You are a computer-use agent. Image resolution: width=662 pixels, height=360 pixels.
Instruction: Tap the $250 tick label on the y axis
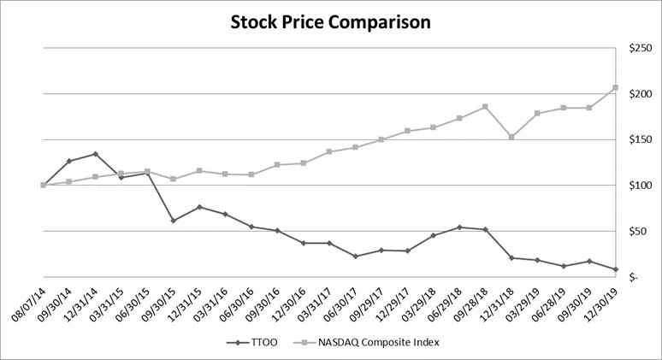(641, 48)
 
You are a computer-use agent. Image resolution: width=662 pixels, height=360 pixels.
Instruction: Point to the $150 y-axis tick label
(641, 139)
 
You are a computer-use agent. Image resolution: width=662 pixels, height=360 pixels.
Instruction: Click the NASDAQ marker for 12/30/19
(616, 87)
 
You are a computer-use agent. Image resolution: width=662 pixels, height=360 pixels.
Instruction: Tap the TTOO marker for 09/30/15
(173, 221)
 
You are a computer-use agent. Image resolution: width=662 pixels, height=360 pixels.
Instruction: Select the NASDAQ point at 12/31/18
(511, 137)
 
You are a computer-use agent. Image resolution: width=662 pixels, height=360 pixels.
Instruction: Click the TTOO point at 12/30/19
(616, 269)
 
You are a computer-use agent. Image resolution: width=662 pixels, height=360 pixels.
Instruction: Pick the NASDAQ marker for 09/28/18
(486, 107)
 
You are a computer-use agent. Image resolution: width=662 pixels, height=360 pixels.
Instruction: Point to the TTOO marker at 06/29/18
(459, 227)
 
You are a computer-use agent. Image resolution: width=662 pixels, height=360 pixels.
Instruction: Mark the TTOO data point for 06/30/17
(355, 257)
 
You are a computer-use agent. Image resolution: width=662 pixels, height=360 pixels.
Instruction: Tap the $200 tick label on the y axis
(641, 94)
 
